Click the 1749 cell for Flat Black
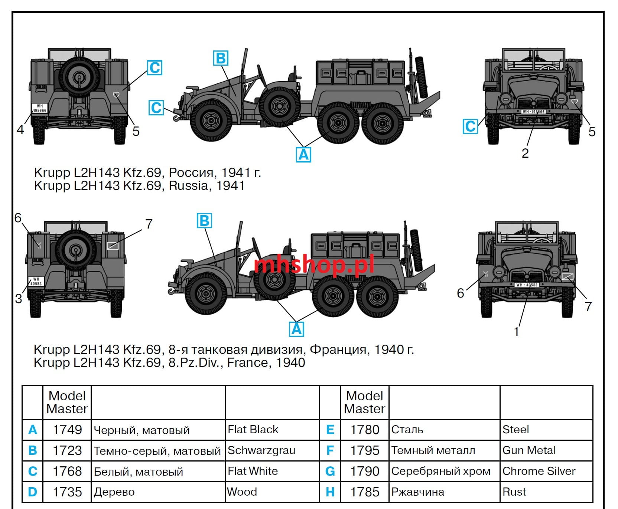67,430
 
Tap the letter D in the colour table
32,492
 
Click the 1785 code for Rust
365,492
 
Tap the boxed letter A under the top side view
303,154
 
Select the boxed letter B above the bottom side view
204,221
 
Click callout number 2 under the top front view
525,153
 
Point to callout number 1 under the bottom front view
516,331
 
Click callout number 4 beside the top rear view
20,129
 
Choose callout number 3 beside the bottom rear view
19,299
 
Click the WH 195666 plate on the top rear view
39,108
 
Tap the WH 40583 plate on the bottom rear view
36,281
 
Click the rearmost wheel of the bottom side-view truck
377,296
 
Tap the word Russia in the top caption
189,185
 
